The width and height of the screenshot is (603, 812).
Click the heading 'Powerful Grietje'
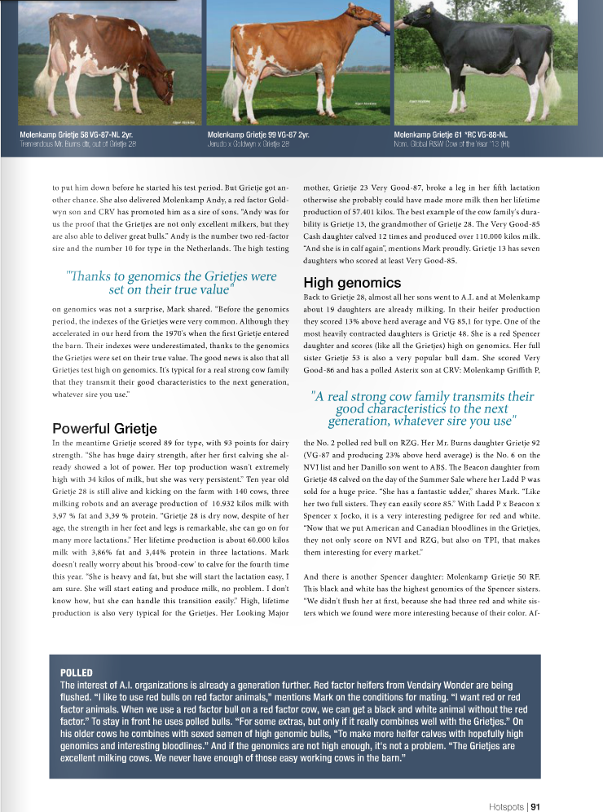coord(104,428)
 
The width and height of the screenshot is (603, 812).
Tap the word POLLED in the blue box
coord(77,672)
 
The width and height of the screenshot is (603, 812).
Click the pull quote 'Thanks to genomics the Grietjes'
coord(171,282)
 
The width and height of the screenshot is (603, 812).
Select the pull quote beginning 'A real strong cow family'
coord(423,408)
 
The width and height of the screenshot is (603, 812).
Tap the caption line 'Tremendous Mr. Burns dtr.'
coord(77,143)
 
